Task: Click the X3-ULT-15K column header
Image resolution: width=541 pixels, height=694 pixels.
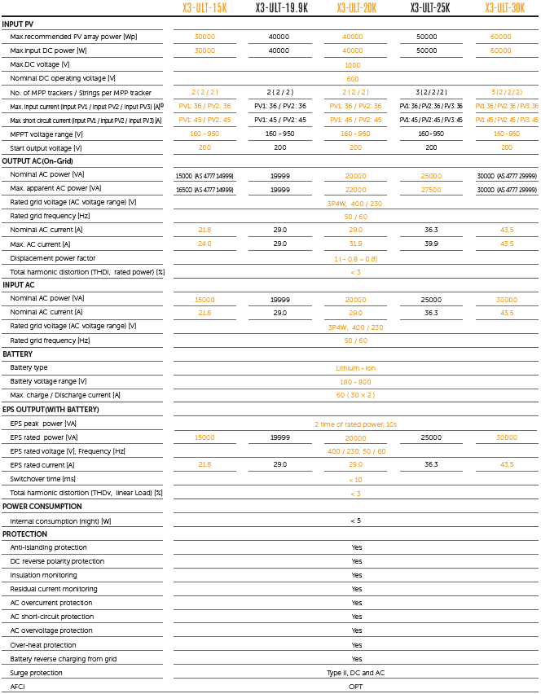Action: point(204,8)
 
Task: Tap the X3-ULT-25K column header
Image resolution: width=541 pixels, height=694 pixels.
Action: point(431,8)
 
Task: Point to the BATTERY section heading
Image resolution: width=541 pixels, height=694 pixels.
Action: point(18,354)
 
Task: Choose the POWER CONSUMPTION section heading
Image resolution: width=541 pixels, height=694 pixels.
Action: point(42,507)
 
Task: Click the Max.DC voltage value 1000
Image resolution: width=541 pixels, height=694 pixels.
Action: point(353,64)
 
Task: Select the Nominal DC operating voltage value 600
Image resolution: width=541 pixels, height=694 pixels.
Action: point(353,78)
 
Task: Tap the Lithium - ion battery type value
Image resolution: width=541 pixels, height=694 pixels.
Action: point(355,368)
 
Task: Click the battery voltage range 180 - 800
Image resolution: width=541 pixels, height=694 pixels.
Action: point(355,381)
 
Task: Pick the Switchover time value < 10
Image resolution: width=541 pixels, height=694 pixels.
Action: point(355,479)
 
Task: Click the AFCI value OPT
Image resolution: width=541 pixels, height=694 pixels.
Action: point(356,687)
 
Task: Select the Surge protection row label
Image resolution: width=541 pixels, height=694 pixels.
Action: point(36,673)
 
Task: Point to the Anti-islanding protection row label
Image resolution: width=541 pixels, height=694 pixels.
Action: point(48,547)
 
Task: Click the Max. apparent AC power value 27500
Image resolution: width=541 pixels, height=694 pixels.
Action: point(431,189)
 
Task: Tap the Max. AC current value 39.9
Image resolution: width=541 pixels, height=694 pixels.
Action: point(431,244)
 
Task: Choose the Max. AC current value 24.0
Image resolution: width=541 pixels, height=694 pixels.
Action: point(204,244)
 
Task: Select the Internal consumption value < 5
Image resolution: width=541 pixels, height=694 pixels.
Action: point(355,520)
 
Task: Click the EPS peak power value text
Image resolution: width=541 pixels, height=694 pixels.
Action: point(355,424)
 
